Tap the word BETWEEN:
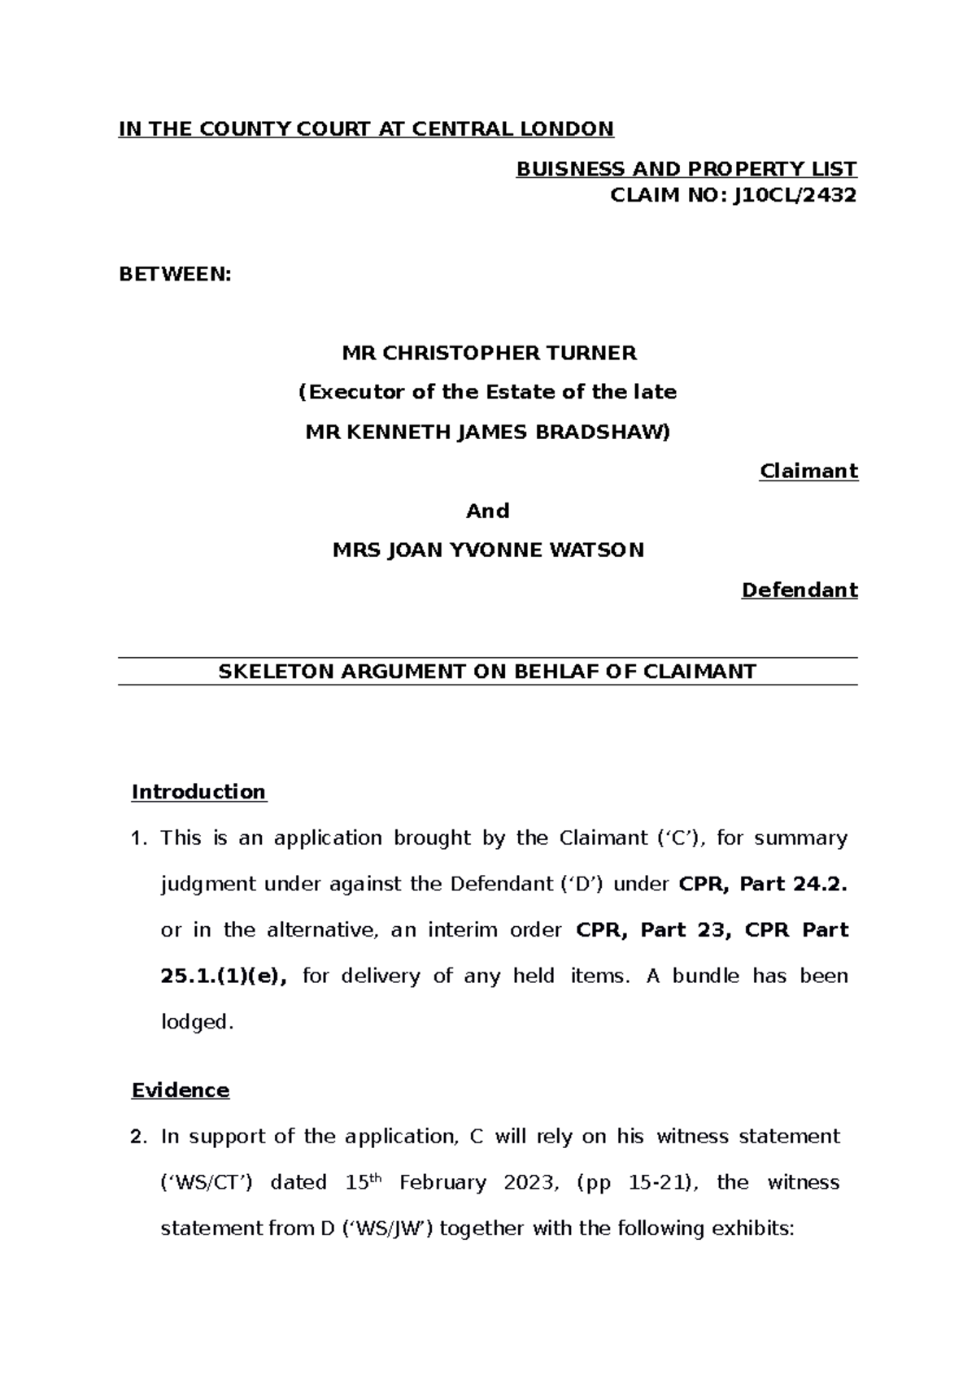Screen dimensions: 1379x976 coord(175,275)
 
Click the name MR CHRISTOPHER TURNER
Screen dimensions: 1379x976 coord(489,353)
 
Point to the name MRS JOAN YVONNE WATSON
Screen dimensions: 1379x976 coord(488,550)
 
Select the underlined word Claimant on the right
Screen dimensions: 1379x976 coord(808,472)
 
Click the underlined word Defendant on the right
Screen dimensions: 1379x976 coord(800,590)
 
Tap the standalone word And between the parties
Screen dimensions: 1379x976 coord(487,511)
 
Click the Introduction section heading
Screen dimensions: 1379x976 coord(198,792)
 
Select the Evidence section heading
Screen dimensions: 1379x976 coord(181,1090)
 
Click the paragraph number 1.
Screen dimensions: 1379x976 coord(138,838)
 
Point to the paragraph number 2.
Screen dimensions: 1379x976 coord(138,1137)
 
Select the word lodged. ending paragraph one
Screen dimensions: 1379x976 coord(198,1023)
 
